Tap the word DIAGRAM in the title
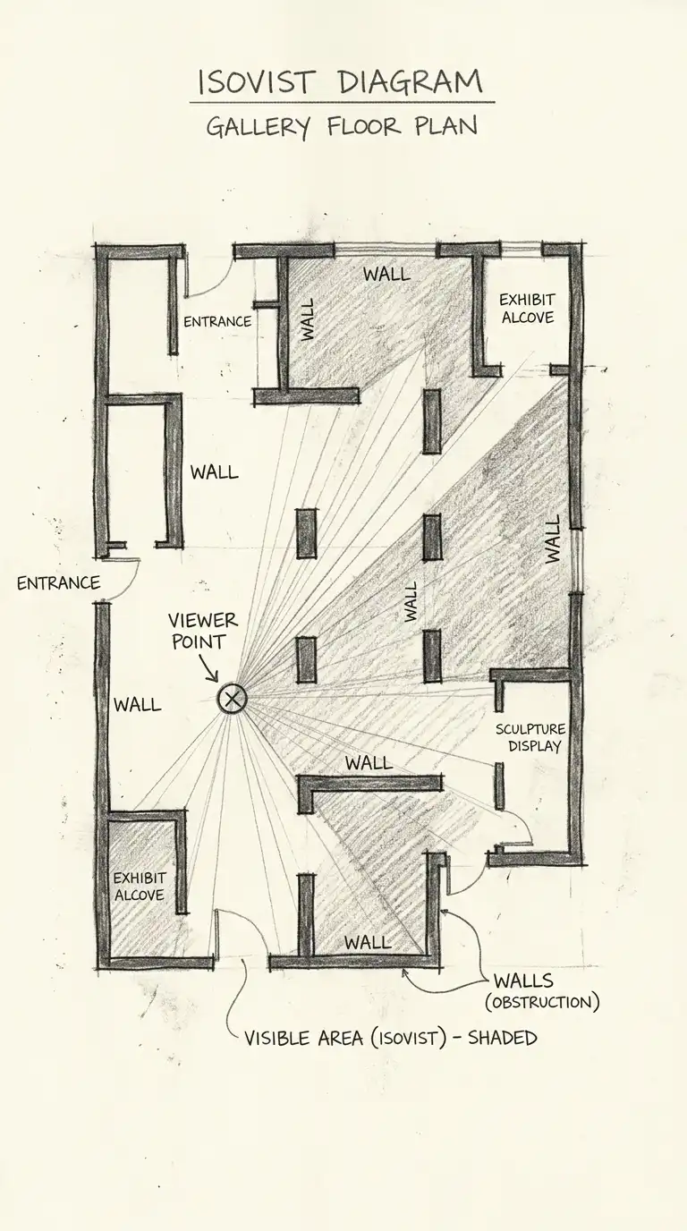click(411, 83)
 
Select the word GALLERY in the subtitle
click(258, 127)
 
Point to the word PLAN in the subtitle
click(445, 126)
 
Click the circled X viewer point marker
click(233, 698)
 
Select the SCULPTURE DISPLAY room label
click(530, 737)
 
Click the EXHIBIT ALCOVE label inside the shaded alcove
click(139, 887)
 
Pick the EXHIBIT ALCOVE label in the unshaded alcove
click(527, 309)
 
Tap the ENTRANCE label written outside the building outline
click(58, 583)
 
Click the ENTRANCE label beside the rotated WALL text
click(217, 321)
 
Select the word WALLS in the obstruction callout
click(523, 981)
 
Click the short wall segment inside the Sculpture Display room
click(499, 785)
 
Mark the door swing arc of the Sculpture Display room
click(523, 828)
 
